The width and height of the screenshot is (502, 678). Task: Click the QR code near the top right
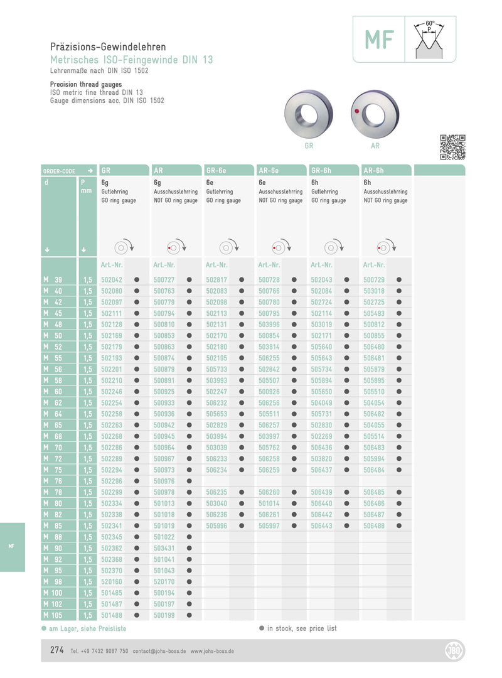point(452,147)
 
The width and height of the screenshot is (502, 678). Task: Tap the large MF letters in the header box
point(380,40)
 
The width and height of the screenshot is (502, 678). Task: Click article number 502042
point(112,280)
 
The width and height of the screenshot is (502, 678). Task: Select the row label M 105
point(54,615)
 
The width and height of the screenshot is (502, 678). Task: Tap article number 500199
point(164,615)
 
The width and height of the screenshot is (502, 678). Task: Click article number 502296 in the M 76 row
point(112,481)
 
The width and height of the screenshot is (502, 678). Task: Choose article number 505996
point(216,525)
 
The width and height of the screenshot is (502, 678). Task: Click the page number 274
point(57,651)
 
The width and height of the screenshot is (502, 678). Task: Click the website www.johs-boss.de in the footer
point(212,652)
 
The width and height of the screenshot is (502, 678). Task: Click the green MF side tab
point(12,547)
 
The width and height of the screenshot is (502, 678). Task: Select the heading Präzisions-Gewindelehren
point(108,47)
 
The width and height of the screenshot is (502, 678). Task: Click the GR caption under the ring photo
point(309,146)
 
